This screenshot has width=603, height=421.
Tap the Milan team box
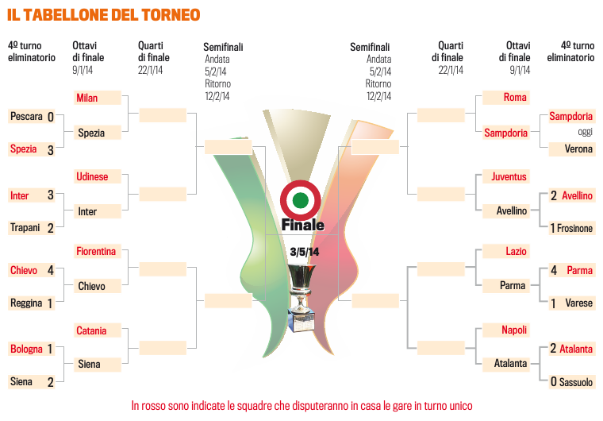[98, 98]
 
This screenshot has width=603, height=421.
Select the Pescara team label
[26, 116]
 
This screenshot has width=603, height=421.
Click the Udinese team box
[98, 176]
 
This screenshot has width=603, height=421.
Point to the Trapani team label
[25, 228]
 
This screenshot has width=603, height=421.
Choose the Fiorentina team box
[98, 251]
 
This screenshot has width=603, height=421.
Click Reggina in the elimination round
[26, 303]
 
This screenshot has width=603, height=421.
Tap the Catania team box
[98, 330]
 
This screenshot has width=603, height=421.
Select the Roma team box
[506, 98]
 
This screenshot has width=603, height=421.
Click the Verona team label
[578, 149]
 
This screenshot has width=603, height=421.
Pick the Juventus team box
[506, 176]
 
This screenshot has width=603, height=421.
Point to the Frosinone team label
[574, 229]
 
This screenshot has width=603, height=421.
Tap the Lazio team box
[506, 251]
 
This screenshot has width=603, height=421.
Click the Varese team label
[578, 303]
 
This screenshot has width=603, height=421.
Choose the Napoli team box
[506, 330]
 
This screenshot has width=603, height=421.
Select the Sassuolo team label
[576, 382]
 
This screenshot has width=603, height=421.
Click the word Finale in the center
[302, 225]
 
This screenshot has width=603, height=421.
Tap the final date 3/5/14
[305, 252]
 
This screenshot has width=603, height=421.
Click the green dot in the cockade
[301, 200]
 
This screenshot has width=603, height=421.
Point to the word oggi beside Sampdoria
[585, 132]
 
